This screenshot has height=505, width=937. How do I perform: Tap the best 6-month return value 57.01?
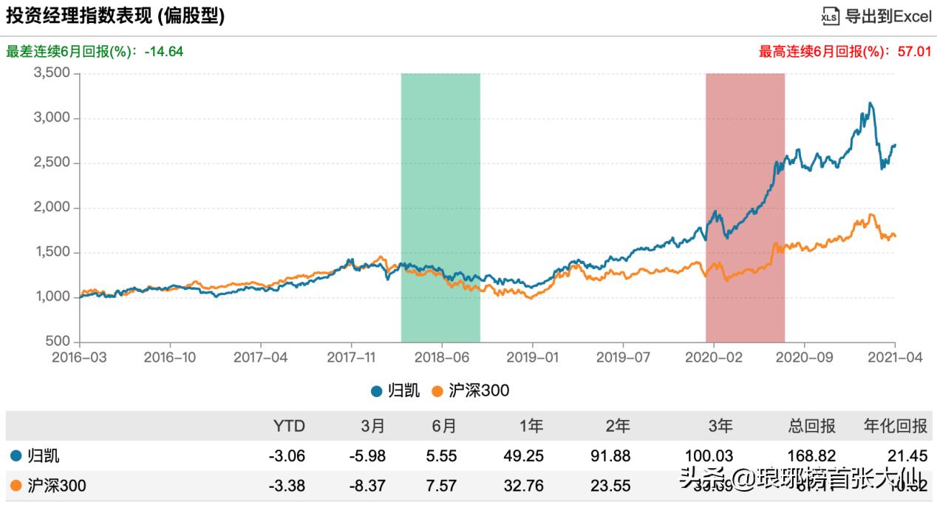[x=914, y=52]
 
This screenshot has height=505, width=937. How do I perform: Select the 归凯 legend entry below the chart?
[x=395, y=390]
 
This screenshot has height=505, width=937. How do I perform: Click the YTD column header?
[x=289, y=427]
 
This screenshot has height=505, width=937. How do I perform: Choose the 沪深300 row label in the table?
[x=49, y=486]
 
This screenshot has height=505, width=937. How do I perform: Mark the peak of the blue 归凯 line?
[x=870, y=103]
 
